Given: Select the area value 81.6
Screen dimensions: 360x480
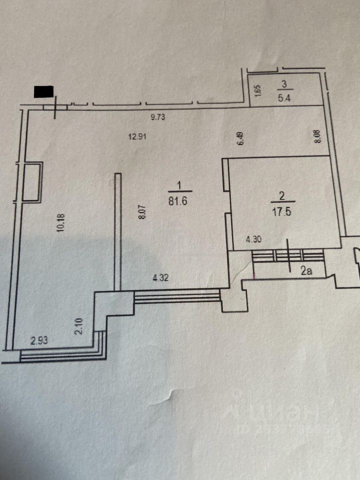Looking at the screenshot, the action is tap(179, 200).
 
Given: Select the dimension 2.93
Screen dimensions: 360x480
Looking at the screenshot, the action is tap(39, 341).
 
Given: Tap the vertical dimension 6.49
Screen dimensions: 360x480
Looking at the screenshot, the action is tap(240, 138).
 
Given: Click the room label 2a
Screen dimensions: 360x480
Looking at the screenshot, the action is tap(307, 272).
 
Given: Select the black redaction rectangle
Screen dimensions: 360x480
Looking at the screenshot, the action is tap(43, 92).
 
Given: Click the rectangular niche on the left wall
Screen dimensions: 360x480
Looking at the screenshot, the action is tap(33, 181).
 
